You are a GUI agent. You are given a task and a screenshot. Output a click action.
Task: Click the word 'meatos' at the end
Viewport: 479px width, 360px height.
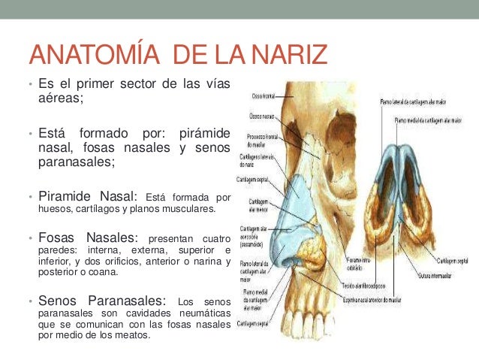131,335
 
